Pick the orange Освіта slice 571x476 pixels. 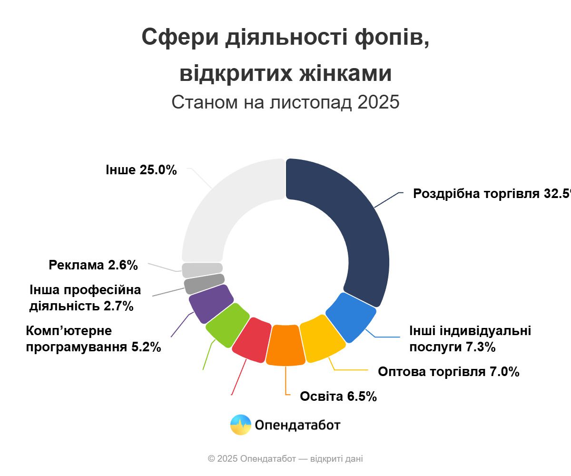[x=285, y=346]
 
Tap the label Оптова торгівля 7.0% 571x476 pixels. [x=448, y=372]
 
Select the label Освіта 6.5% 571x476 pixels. [x=338, y=396]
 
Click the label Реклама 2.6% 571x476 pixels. [x=93, y=265]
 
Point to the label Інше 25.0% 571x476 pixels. [x=141, y=169]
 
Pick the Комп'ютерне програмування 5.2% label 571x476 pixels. [x=93, y=339]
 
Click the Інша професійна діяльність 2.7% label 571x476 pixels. [x=85, y=298]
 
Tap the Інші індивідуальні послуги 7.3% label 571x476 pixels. [x=470, y=339]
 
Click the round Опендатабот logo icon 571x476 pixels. [x=241, y=425]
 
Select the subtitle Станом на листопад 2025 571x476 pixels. [x=285, y=102]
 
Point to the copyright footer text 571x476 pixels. [x=285, y=459]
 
